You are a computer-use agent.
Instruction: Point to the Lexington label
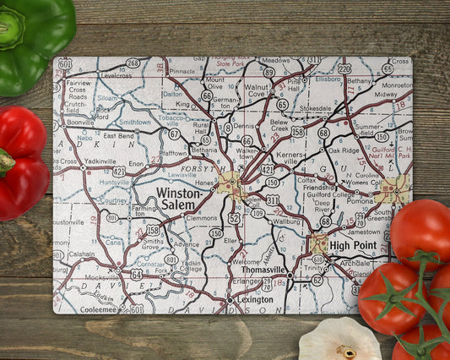click(255, 299)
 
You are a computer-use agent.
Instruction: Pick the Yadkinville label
click(100, 161)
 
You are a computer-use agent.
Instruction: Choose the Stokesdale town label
click(315, 108)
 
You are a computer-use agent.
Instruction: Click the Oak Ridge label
click(344, 150)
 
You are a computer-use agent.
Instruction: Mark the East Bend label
click(119, 135)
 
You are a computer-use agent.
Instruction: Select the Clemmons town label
click(201, 217)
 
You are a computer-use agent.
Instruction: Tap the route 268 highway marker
click(133, 63)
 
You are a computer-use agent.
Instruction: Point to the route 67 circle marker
click(173, 134)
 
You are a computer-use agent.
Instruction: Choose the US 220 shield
click(344, 68)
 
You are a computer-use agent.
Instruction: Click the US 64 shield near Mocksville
click(135, 274)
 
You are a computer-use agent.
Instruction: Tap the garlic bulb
click(339, 341)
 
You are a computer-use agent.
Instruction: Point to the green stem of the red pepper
click(6, 160)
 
